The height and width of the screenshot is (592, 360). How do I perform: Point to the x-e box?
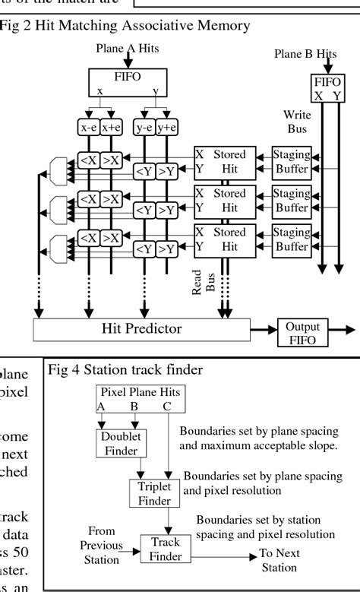coord(89,128)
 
